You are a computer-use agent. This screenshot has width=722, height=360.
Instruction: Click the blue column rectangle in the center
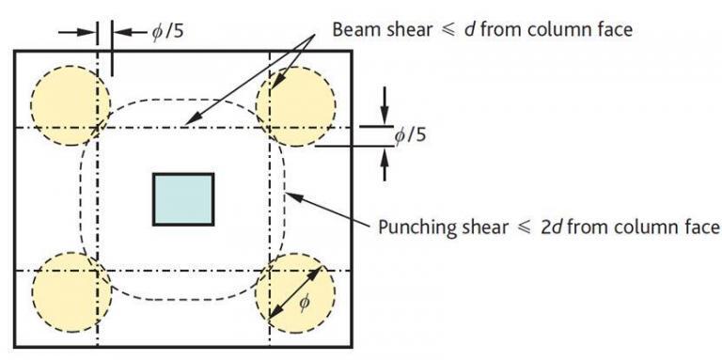click(183, 198)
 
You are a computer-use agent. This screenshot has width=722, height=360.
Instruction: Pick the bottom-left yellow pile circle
click(71, 290)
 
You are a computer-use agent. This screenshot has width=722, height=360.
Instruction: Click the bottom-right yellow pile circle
click(295, 290)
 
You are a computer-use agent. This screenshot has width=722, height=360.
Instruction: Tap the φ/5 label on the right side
click(410, 134)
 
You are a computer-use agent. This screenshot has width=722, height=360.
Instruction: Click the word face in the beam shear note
click(614, 29)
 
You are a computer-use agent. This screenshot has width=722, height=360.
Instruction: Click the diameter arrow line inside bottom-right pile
click(293, 292)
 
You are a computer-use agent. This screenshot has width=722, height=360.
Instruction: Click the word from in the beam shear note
click(496, 29)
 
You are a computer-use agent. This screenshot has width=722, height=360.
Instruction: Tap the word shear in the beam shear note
click(403, 29)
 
